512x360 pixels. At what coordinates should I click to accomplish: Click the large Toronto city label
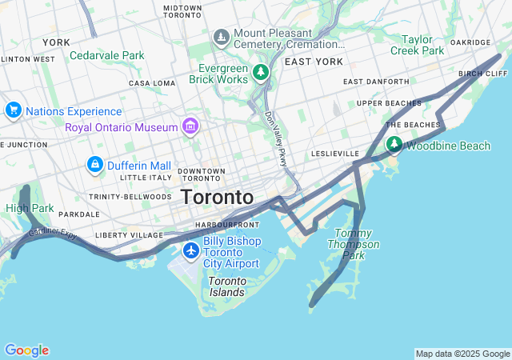pos(217,197)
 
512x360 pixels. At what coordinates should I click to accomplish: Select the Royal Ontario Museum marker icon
pos(190,126)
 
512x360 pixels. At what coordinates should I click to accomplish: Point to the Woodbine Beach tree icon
pos(394,145)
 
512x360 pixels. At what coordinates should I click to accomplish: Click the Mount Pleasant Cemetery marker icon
pos(222,38)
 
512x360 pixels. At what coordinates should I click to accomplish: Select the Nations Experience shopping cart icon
pos(13,110)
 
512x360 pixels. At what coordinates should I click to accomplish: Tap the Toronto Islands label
pos(226,286)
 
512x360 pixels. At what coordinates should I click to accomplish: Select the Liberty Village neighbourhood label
pos(129,235)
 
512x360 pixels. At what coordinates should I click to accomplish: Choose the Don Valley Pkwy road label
pos(276,139)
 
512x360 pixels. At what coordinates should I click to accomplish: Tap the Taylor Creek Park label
pos(417,44)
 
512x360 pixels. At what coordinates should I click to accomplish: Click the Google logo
pos(26,350)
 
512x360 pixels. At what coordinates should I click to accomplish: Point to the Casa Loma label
pos(151,83)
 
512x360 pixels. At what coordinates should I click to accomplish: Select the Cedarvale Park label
pos(107,56)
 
